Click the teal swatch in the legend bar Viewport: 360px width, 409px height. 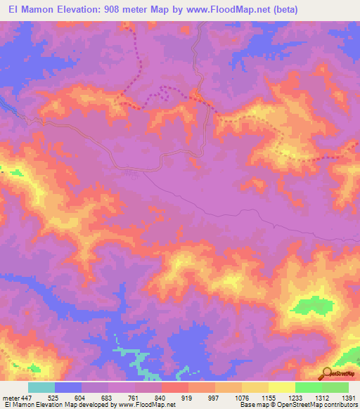click(41, 387)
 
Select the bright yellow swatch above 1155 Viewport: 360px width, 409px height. click(255, 387)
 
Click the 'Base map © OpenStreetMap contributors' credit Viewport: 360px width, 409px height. click(298, 405)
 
